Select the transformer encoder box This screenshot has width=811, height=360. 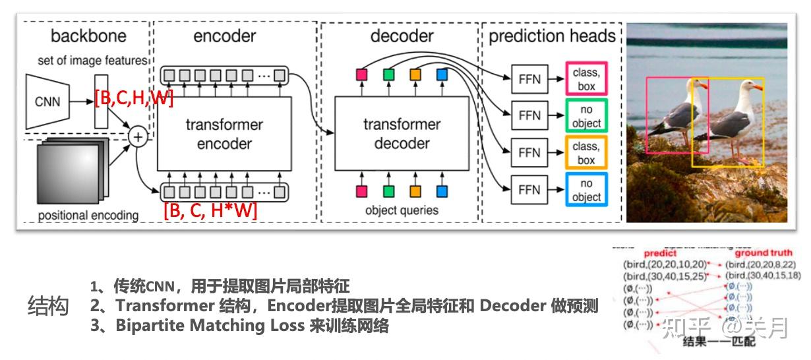click(x=224, y=134)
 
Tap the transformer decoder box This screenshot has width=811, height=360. click(x=402, y=134)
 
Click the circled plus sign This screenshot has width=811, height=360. click(x=138, y=136)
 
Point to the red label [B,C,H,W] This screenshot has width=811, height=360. click(x=134, y=100)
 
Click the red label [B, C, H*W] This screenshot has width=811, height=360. click(x=210, y=211)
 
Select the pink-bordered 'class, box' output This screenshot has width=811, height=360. click(x=586, y=79)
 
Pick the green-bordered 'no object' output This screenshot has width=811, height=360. click(x=586, y=116)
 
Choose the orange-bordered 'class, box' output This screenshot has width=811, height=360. click(x=586, y=153)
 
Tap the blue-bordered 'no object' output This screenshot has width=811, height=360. click(x=586, y=190)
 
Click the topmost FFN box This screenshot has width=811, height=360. click(x=529, y=79)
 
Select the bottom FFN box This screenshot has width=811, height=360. click(x=529, y=190)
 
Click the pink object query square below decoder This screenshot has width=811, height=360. click(x=361, y=192)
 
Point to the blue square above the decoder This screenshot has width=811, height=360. click(x=441, y=75)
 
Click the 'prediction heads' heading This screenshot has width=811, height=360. click(x=552, y=36)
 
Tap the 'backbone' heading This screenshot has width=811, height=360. click(x=88, y=36)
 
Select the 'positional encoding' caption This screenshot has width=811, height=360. click(x=88, y=216)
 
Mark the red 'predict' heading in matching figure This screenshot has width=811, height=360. click(x=660, y=253)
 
